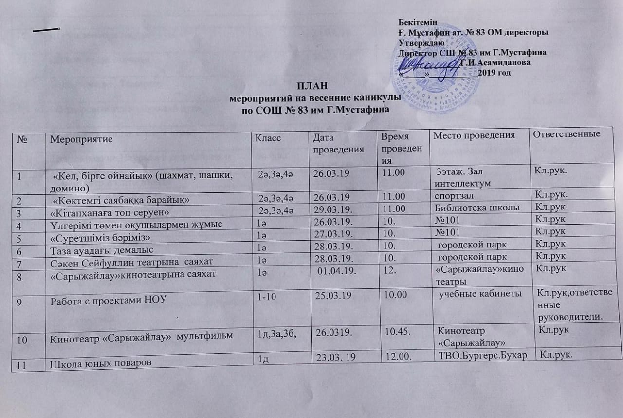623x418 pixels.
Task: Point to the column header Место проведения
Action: [474, 134]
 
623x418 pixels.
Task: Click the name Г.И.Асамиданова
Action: [495, 62]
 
